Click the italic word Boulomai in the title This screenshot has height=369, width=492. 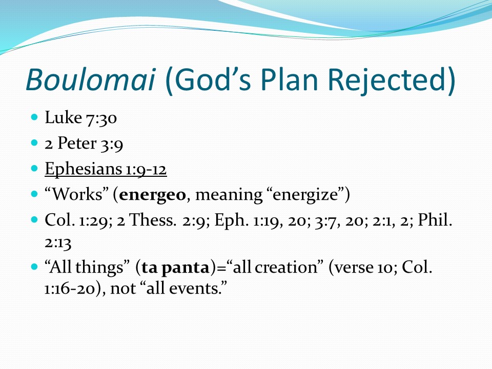(x=91, y=79)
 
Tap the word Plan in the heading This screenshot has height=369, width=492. (x=290, y=79)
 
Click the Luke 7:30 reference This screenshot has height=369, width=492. (x=80, y=118)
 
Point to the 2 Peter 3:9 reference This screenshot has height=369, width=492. (x=84, y=143)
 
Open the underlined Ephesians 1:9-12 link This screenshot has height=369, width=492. (x=106, y=169)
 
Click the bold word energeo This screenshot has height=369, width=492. (x=153, y=195)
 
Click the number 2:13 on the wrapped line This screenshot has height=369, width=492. (x=58, y=242)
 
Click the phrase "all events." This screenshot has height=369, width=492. (x=187, y=288)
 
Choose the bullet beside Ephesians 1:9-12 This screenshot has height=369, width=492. (x=34, y=169)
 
